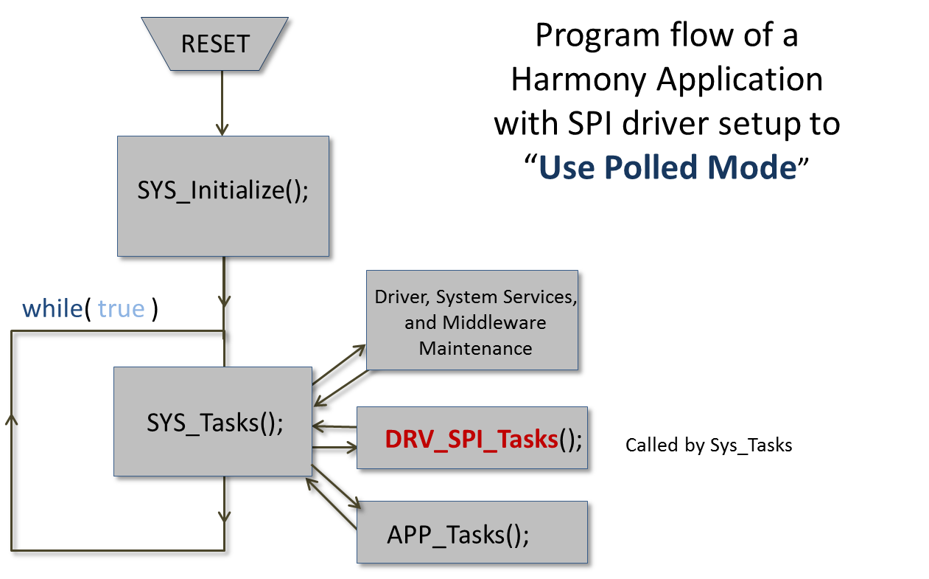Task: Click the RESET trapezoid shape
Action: click(x=215, y=44)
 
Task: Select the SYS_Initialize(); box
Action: click(x=222, y=192)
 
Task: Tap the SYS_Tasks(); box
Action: click(x=214, y=423)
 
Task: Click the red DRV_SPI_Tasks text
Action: click(x=471, y=440)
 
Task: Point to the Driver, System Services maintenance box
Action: click(x=475, y=322)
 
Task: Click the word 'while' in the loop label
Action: click(x=52, y=308)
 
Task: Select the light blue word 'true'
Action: click(x=121, y=308)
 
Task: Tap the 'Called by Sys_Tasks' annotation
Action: click(x=709, y=445)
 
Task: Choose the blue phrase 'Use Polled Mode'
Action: click(x=667, y=168)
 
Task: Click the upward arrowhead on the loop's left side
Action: click(x=11, y=420)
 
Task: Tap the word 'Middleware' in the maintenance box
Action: click(x=494, y=323)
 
